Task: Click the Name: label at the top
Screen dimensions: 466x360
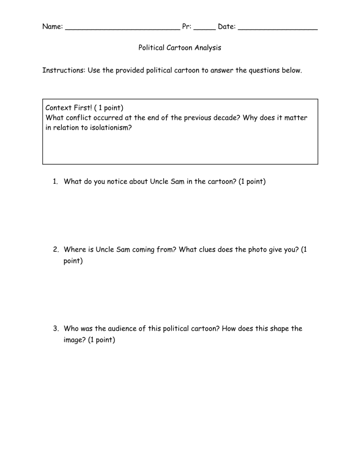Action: (52, 27)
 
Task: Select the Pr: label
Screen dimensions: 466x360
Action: (186, 27)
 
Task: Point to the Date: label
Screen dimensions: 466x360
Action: (227, 27)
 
